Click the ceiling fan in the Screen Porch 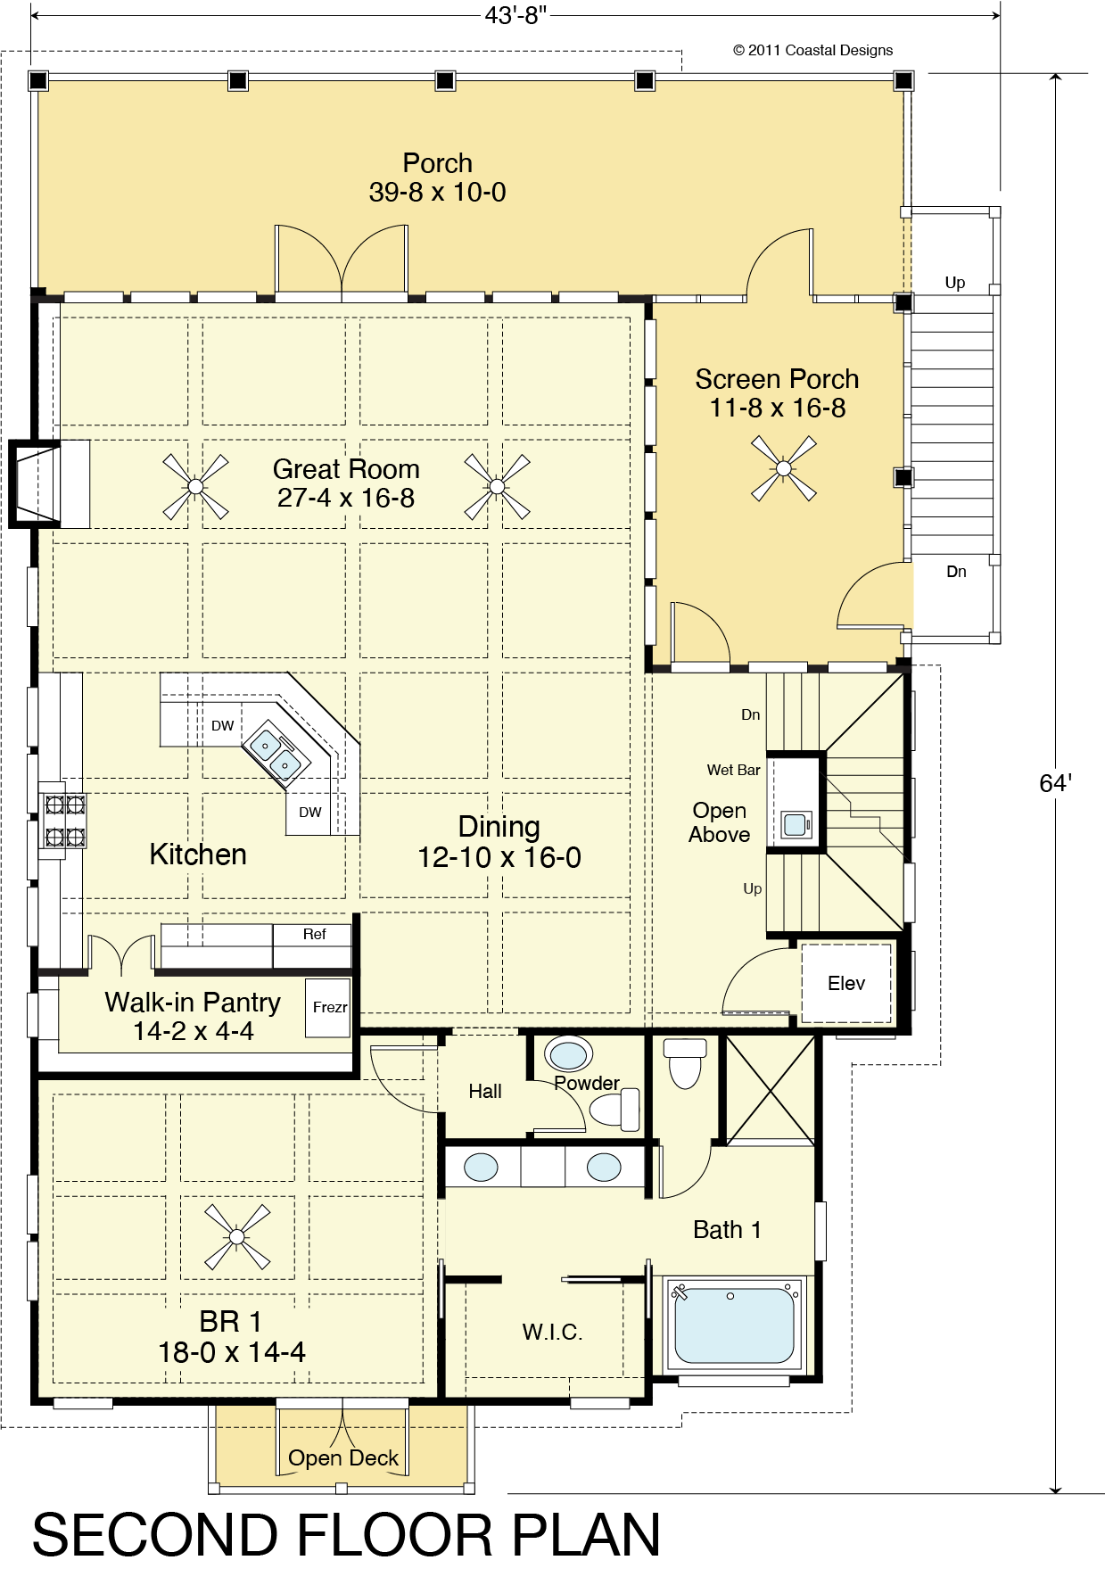[784, 468]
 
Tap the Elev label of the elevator [846, 983]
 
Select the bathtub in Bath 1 [734, 1325]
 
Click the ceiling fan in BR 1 [237, 1237]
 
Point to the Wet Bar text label [733, 770]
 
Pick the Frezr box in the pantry [328, 1008]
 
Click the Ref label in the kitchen [314, 934]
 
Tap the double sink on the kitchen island [275, 754]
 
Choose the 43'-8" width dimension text [515, 15]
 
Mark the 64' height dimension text [1055, 783]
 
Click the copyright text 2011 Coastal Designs [812, 50]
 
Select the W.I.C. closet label [552, 1332]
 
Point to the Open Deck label [343, 1457]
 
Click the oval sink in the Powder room [568, 1054]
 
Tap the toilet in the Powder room [615, 1110]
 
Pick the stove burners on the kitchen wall [65, 821]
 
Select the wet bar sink [796, 824]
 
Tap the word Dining [499, 828]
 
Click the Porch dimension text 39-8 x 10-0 [437, 192]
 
